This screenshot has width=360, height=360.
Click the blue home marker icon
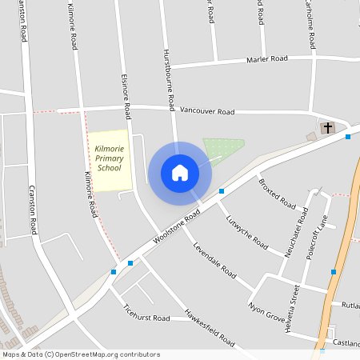[180, 172]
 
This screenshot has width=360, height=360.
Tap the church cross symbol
[327, 127]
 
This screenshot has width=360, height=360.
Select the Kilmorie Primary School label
[109, 158]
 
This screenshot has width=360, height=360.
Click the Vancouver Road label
[207, 112]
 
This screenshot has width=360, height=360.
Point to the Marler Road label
[267, 59]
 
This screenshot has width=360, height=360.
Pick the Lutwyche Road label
[246, 231]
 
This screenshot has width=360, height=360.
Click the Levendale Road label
[214, 258]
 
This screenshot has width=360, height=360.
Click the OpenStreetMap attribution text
[81, 354]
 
